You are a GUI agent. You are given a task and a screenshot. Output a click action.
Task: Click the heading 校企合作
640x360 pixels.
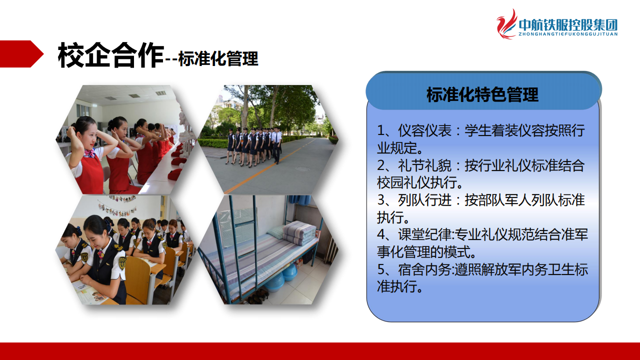(x=111, y=55)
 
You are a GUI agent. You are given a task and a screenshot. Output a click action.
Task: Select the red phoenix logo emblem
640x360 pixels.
(x=506, y=24)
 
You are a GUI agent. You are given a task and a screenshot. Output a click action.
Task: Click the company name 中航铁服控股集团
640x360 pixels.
(x=568, y=25)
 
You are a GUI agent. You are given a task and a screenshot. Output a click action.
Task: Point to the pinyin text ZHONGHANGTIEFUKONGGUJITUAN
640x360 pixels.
(x=568, y=34)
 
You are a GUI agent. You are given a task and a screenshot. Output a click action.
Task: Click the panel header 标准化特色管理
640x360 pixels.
(x=482, y=94)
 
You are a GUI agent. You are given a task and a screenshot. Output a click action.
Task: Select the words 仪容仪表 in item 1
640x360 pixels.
(x=425, y=131)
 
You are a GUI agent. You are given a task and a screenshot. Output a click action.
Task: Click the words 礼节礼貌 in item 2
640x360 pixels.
(x=425, y=165)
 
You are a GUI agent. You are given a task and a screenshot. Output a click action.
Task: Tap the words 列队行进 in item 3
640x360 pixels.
(x=425, y=200)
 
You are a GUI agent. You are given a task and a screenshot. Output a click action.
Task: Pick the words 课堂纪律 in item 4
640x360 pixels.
(x=425, y=235)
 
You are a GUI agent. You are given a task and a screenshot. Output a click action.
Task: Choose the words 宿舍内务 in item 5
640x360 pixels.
(x=425, y=269)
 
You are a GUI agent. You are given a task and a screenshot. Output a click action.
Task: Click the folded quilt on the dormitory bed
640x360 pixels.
(x=299, y=232)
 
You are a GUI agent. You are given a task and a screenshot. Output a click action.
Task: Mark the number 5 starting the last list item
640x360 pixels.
(x=381, y=270)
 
